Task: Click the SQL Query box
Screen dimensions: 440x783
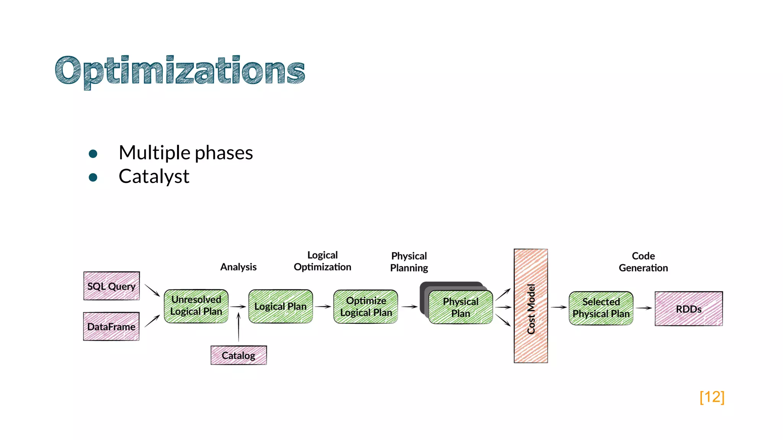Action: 112,286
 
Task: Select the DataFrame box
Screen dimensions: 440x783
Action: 111,327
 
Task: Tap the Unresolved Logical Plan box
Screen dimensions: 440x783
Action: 196,306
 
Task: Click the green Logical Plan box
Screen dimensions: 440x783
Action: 281,306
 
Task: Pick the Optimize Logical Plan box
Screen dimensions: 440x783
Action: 366,307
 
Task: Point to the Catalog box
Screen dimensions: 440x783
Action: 239,355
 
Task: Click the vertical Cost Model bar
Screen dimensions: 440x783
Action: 531,306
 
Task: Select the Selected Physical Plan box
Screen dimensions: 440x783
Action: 601,308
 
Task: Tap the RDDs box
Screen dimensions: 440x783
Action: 689,309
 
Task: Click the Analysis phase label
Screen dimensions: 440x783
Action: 238,267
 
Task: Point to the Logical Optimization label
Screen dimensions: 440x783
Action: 322,261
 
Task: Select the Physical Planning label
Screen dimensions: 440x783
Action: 409,262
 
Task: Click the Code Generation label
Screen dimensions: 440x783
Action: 643,262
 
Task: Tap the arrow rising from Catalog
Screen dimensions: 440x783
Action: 239,327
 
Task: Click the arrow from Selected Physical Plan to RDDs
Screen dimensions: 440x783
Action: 644,308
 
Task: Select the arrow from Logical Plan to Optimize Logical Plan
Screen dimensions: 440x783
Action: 323,306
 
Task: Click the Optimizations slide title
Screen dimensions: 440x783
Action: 180,71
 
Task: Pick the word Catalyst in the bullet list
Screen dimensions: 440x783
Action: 154,176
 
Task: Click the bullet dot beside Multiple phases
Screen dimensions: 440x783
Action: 93,154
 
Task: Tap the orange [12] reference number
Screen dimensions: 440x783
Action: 712,397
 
